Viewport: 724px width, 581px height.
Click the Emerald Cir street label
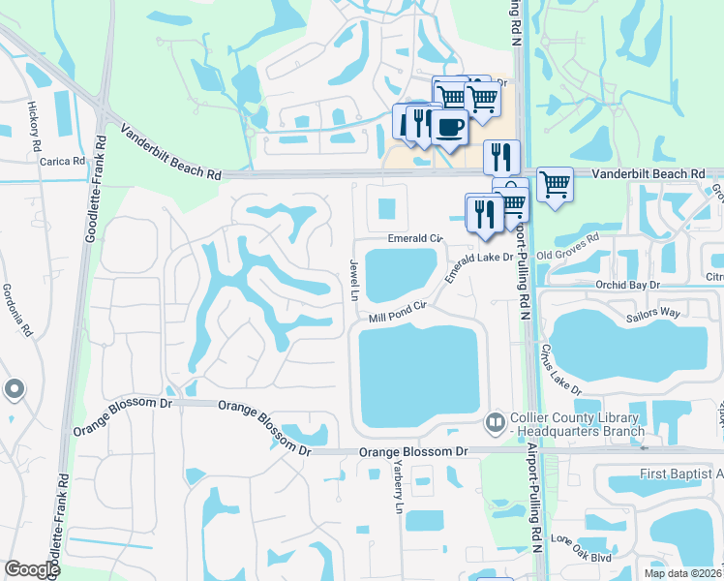click(414, 237)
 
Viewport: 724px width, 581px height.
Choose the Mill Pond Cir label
click(397, 312)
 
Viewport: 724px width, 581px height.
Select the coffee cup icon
click(448, 126)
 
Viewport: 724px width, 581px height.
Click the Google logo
click(32, 569)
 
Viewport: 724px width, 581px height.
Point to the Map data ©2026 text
click(681, 573)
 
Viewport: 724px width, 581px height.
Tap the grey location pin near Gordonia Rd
click(14, 389)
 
